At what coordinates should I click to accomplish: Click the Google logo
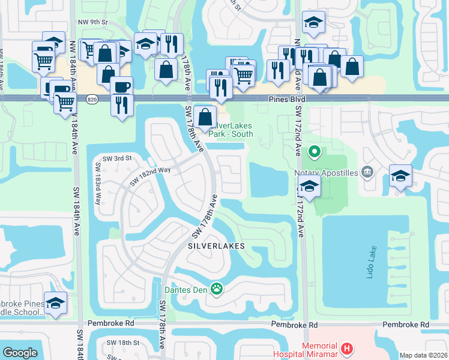(20, 353)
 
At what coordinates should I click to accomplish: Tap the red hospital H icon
(346, 349)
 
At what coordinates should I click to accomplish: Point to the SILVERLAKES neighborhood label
(217, 246)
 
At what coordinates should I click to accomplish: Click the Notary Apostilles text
(327, 173)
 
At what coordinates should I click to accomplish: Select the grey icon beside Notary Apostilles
(367, 173)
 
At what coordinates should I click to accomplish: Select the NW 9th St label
(95, 22)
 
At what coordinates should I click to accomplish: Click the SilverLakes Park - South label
(231, 130)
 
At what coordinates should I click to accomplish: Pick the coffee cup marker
(121, 86)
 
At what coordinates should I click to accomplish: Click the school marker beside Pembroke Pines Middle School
(55, 303)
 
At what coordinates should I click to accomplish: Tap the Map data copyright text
(424, 355)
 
